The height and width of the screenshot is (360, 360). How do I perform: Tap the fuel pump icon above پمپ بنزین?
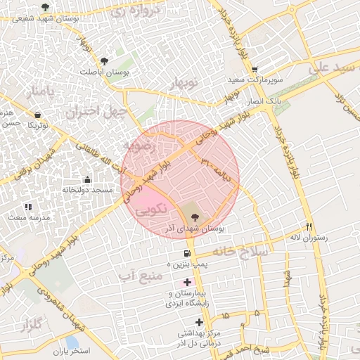(186, 252)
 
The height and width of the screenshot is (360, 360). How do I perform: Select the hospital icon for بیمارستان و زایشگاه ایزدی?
(186, 282)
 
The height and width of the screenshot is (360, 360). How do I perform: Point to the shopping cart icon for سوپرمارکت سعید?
(254, 69)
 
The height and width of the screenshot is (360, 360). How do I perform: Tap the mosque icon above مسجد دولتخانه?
(86, 179)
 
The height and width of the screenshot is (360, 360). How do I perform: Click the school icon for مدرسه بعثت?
(28, 207)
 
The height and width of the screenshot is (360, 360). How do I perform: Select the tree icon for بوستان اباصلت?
(105, 61)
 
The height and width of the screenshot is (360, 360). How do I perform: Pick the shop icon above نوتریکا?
(37, 115)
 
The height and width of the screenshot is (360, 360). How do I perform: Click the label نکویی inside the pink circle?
(151, 209)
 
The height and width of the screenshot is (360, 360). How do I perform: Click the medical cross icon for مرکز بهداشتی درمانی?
(200, 322)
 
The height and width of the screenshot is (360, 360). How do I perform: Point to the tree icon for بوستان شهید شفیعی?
(45, 7)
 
